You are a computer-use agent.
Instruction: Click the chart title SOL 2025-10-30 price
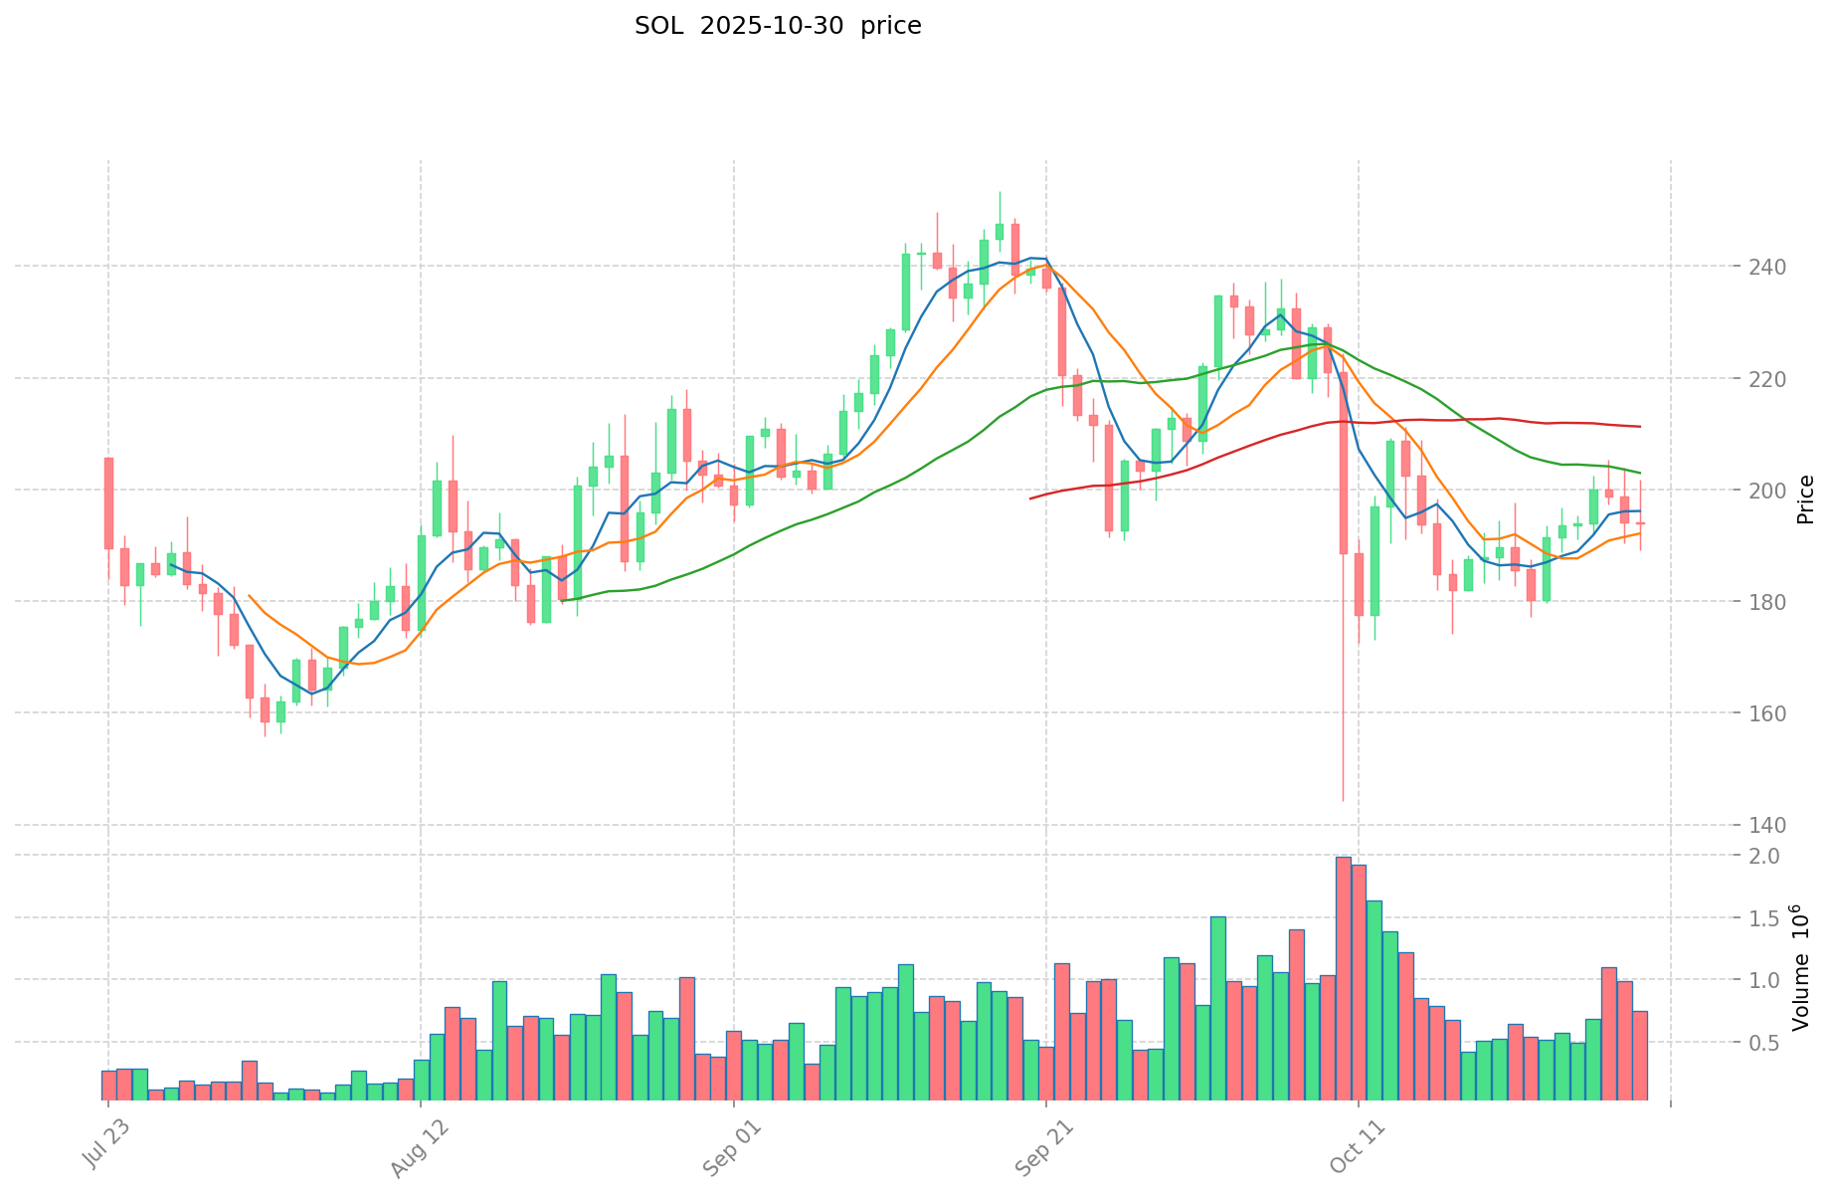tap(778, 26)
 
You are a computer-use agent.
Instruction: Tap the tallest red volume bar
tap(1343, 975)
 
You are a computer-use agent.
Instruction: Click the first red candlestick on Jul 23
tap(108, 502)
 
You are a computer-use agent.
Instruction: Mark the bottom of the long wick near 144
tap(1343, 800)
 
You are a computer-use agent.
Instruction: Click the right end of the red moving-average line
tap(1640, 427)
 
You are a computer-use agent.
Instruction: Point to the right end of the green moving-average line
tap(1640, 473)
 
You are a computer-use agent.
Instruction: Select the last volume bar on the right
tap(1640, 1055)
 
